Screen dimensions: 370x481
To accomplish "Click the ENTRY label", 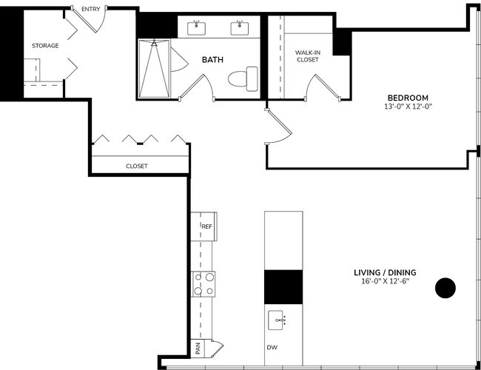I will click(x=91, y=9).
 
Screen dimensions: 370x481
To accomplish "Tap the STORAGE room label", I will click(x=44, y=46).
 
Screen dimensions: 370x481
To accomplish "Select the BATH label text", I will click(x=213, y=60).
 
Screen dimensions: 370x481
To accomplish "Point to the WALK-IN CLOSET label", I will click(x=307, y=55).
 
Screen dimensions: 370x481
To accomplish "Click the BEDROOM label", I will click(x=408, y=98).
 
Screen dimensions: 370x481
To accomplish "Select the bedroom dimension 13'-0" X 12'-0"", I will click(x=408, y=107).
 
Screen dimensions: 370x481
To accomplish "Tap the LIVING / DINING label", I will click(x=385, y=272).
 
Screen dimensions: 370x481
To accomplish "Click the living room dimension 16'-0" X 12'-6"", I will click(x=385, y=281).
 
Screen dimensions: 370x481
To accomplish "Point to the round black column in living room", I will click(x=445, y=288).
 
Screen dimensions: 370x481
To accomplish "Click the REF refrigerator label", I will click(x=207, y=226).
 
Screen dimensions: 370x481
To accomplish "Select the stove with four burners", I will click(x=204, y=283).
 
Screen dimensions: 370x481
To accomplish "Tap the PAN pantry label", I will click(x=198, y=346).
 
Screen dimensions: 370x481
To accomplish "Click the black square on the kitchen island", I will click(x=283, y=286).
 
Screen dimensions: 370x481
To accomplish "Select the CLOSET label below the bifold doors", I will click(x=137, y=166).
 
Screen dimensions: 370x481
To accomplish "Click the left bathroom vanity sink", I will click(x=196, y=29).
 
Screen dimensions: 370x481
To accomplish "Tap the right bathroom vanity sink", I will click(x=240, y=29).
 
